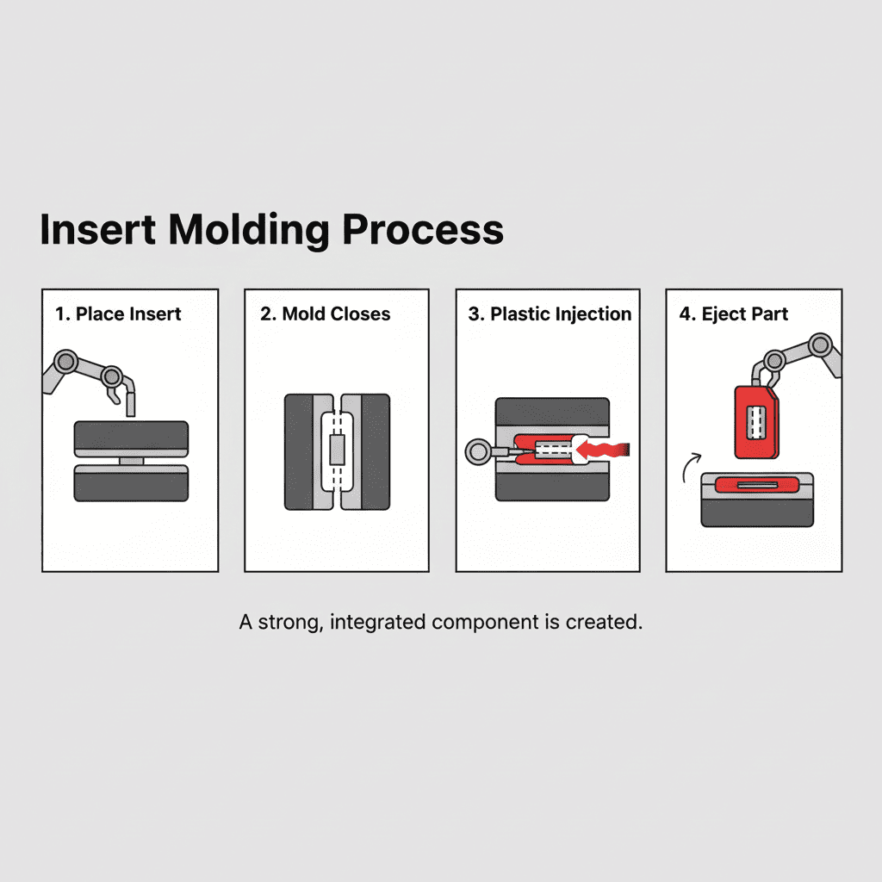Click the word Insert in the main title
click(x=97, y=230)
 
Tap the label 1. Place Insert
click(x=118, y=314)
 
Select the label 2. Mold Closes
click(x=325, y=314)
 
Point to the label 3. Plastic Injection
click(x=550, y=314)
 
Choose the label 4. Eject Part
click(x=733, y=314)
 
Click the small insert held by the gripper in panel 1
click(x=131, y=403)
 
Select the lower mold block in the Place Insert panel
click(x=131, y=484)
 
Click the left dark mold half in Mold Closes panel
click(x=299, y=451)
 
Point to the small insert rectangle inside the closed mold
click(x=337, y=450)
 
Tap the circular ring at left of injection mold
click(x=476, y=450)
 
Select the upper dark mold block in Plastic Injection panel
click(x=552, y=412)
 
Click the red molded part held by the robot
click(x=755, y=422)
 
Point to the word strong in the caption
click(x=283, y=622)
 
